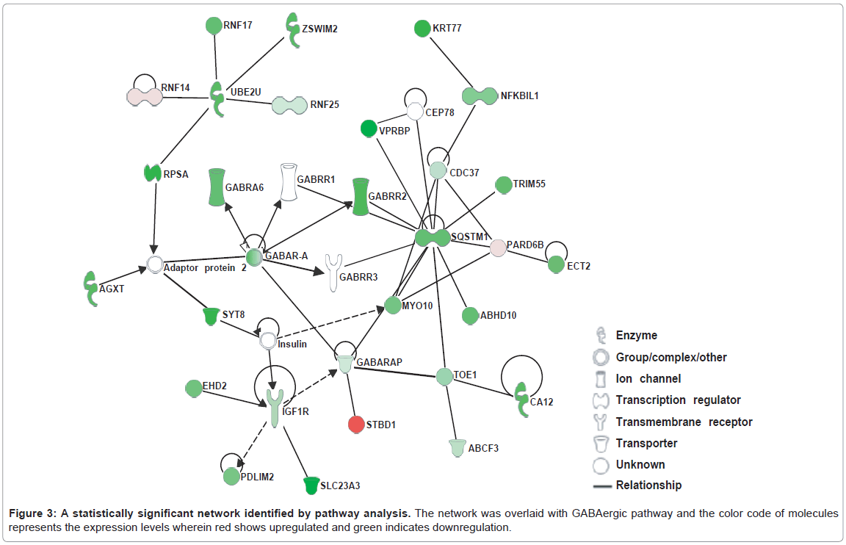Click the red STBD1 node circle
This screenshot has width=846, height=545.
(x=355, y=425)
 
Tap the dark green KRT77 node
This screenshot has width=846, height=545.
(x=422, y=29)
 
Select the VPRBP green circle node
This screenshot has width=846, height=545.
(x=369, y=129)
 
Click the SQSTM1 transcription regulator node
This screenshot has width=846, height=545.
(x=432, y=238)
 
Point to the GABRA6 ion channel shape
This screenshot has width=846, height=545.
(x=215, y=187)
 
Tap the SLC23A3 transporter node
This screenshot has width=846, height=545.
(x=312, y=485)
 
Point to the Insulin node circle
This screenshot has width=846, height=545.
(x=268, y=341)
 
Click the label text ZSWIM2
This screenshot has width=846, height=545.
(x=319, y=29)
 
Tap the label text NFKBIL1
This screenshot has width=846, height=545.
(x=520, y=95)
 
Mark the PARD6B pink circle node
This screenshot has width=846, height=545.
(x=498, y=248)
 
